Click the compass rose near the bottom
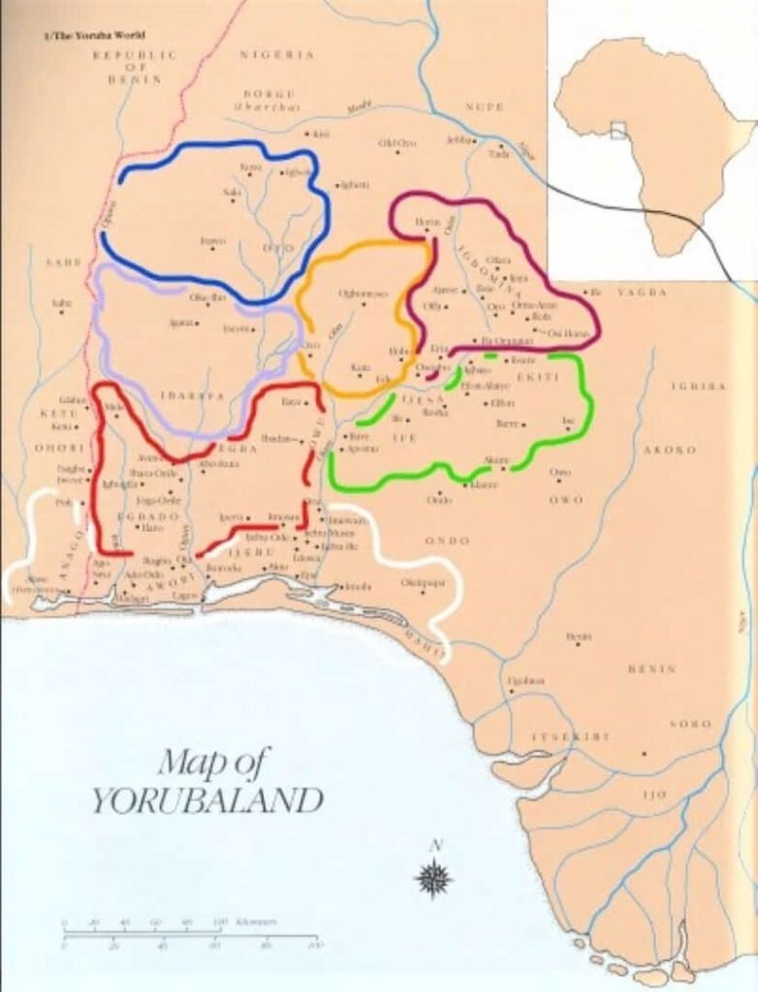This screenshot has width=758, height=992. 433,878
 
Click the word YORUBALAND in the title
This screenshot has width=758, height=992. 207,801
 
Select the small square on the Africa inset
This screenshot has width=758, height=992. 618,130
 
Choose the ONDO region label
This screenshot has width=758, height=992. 447,541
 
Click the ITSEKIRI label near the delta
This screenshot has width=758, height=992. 571,737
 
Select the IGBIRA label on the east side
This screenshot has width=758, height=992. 698,386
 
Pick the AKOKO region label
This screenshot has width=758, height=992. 670,449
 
